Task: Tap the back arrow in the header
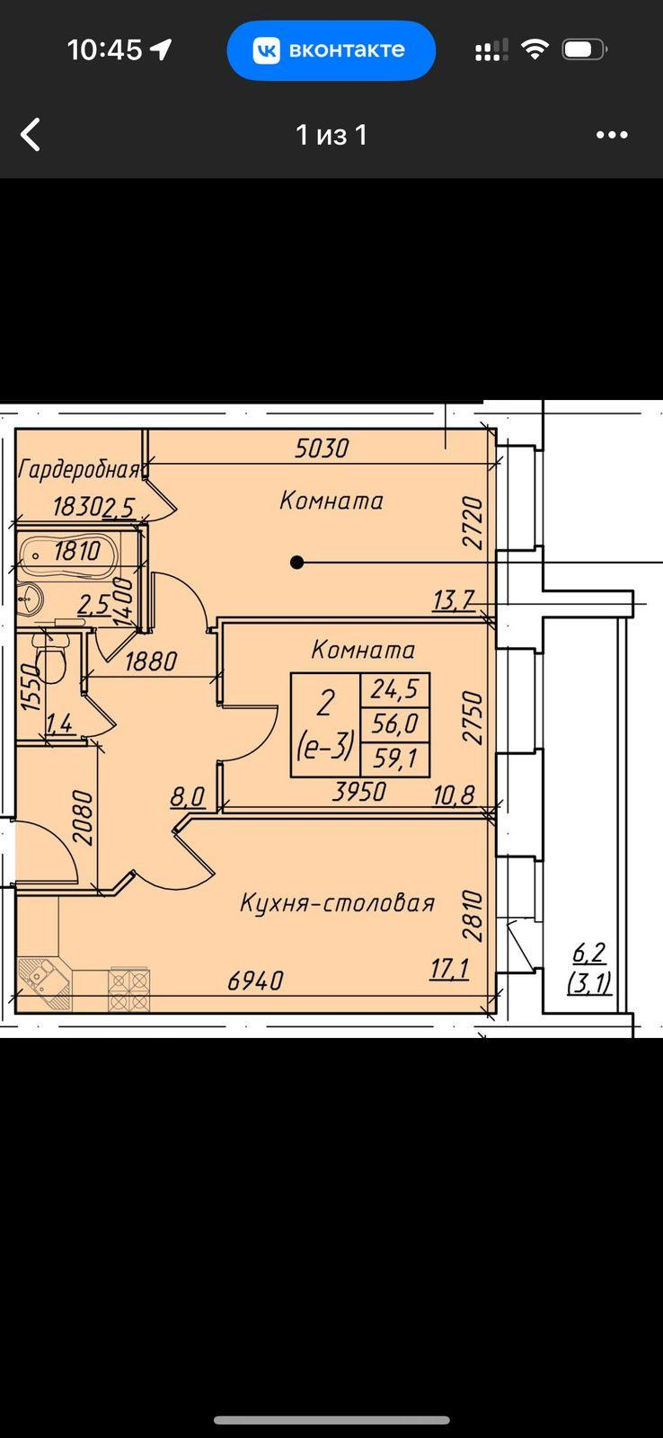click(x=31, y=134)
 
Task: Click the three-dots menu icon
click(x=612, y=135)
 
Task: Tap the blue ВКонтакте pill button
click(x=331, y=50)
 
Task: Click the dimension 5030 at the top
click(x=322, y=448)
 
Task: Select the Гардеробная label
click(x=79, y=470)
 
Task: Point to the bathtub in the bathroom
click(x=68, y=550)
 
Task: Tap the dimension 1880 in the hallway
click(x=150, y=661)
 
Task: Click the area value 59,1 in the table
click(x=394, y=759)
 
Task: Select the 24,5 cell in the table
click(x=394, y=689)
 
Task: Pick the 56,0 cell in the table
click(x=394, y=724)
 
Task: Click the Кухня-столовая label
click(x=337, y=903)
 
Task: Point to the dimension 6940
click(x=255, y=981)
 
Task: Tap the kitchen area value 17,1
click(x=450, y=968)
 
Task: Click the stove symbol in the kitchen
click(x=129, y=990)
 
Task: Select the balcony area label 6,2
click(x=589, y=953)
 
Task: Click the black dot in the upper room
click(x=296, y=563)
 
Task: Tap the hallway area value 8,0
click(x=188, y=797)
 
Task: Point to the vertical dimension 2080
click(x=83, y=818)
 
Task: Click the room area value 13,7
click(x=454, y=600)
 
